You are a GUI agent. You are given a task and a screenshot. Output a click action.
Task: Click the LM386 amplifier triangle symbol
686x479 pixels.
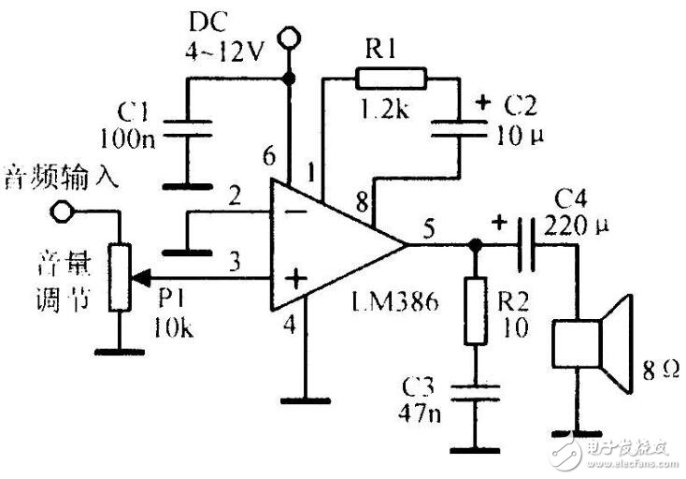(x=327, y=244)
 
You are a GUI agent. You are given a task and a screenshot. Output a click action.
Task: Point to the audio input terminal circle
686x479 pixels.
(x=63, y=212)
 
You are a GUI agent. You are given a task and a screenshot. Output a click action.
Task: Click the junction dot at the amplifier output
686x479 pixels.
(x=475, y=246)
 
